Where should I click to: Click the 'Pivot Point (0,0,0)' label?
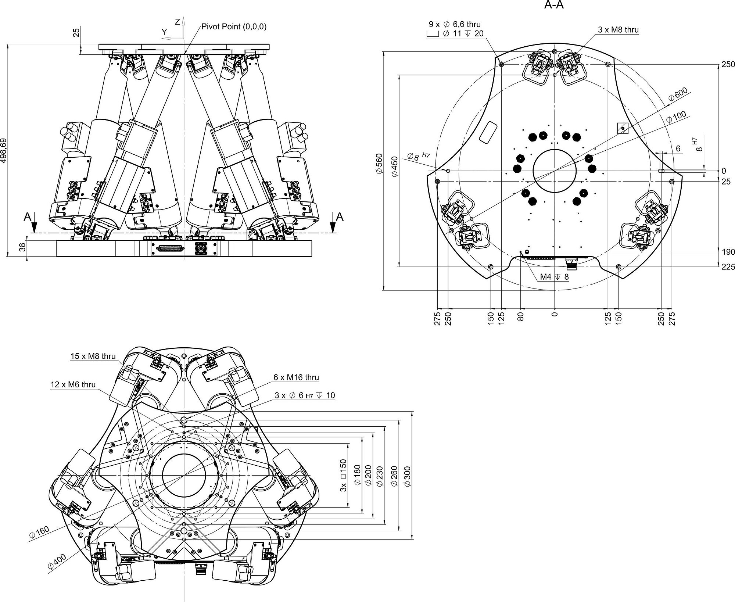[x=234, y=26]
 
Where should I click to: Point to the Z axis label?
[x=178, y=22]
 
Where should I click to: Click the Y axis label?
[x=164, y=32]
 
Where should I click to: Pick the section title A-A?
[x=554, y=6]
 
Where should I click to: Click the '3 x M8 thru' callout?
[x=618, y=30]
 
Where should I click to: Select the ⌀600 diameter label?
[x=677, y=94]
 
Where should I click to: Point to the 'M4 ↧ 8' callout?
[x=555, y=277]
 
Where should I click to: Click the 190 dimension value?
[x=728, y=252]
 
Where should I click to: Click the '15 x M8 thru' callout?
[x=93, y=356]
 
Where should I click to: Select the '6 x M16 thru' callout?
[x=296, y=377]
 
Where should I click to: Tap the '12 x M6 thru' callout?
[x=73, y=385]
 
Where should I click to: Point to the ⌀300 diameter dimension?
[x=408, y=476]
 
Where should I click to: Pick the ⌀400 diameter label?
[x=57, y=562]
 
